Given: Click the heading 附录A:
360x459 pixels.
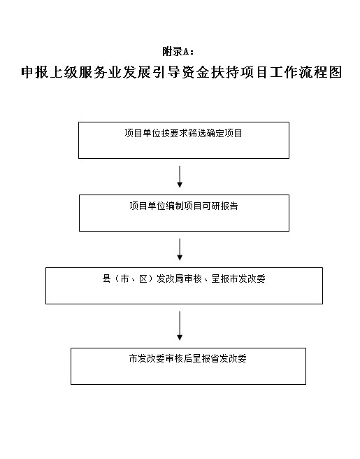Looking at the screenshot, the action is click(x=178, y=52).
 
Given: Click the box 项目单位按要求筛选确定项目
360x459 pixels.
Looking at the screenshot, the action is click(x=184, y=140).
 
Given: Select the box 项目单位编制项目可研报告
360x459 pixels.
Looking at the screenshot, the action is click(x=184, y=213).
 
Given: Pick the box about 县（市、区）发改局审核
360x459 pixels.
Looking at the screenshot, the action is click(x=184, y=285).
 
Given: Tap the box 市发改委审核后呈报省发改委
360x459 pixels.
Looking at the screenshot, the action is click(x=188, y=366).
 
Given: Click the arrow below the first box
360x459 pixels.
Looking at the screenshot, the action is click(x=180, y=176).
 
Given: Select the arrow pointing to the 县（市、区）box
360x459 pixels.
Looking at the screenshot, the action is click(x=180, y=249).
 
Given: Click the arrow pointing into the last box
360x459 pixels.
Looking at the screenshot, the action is click(x=180, y=326).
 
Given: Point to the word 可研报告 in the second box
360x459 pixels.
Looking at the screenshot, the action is click(x=220, y=206).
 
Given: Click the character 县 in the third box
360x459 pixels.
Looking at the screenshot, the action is click(x=107, y=278).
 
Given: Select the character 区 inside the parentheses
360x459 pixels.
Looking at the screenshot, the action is click(x=143, y=278).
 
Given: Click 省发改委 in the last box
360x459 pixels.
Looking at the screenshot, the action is click(x=229, y=358).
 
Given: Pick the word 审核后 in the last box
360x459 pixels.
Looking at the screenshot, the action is click(x=178, y=358).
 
